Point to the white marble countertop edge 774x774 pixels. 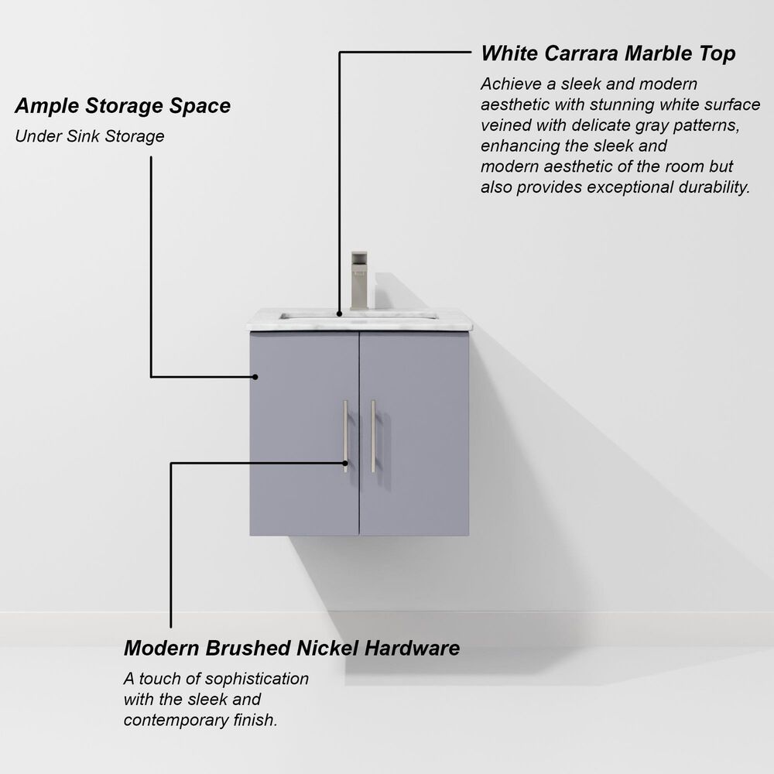pyautogui.click(x=359, y=326)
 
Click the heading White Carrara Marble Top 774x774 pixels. pyautogui.click(x=608, y=53)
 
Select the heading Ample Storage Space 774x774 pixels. pyautogui.click(x=123, y=105)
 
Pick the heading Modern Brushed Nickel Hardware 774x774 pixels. pyautogui.click(x=292, y=648)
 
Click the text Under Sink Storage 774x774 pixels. pyautogui.click(x=90, y=136)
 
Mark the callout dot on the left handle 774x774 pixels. pyautogui.click(x=346, y=463)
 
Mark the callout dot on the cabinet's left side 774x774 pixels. pyautogui.click(x=254, y=377)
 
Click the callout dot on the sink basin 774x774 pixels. pyautogui.click(x=339, y=313)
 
